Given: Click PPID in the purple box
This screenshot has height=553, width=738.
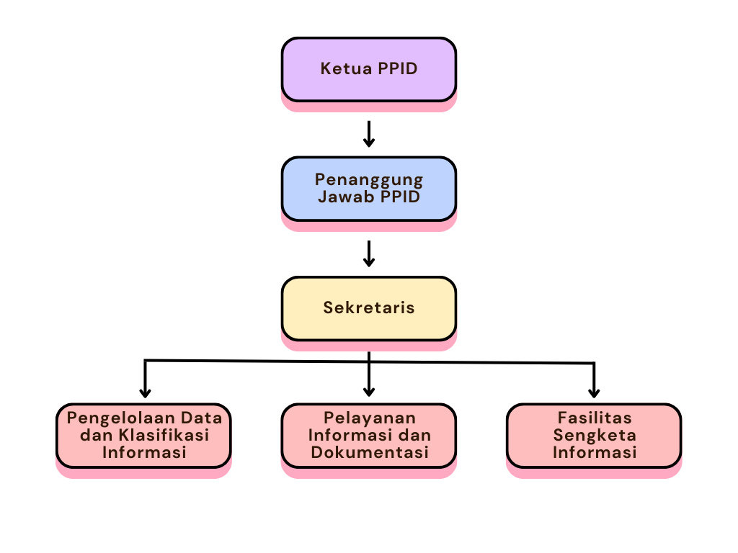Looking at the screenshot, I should (x=396, y=69).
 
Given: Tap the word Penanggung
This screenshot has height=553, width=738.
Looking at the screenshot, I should (x=369, y=179).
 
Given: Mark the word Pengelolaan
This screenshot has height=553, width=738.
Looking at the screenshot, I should (x=112, y=418).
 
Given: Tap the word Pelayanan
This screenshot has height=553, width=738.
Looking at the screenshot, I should (x=369, y=418).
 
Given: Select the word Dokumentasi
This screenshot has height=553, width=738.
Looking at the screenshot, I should (x=369, y=452).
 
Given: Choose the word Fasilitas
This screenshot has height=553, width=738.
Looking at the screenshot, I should (x=595, y=418).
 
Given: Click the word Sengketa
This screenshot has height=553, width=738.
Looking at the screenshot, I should (x=595, y=435).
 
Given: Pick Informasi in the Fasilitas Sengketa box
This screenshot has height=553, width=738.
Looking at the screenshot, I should (x=595, y=452).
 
